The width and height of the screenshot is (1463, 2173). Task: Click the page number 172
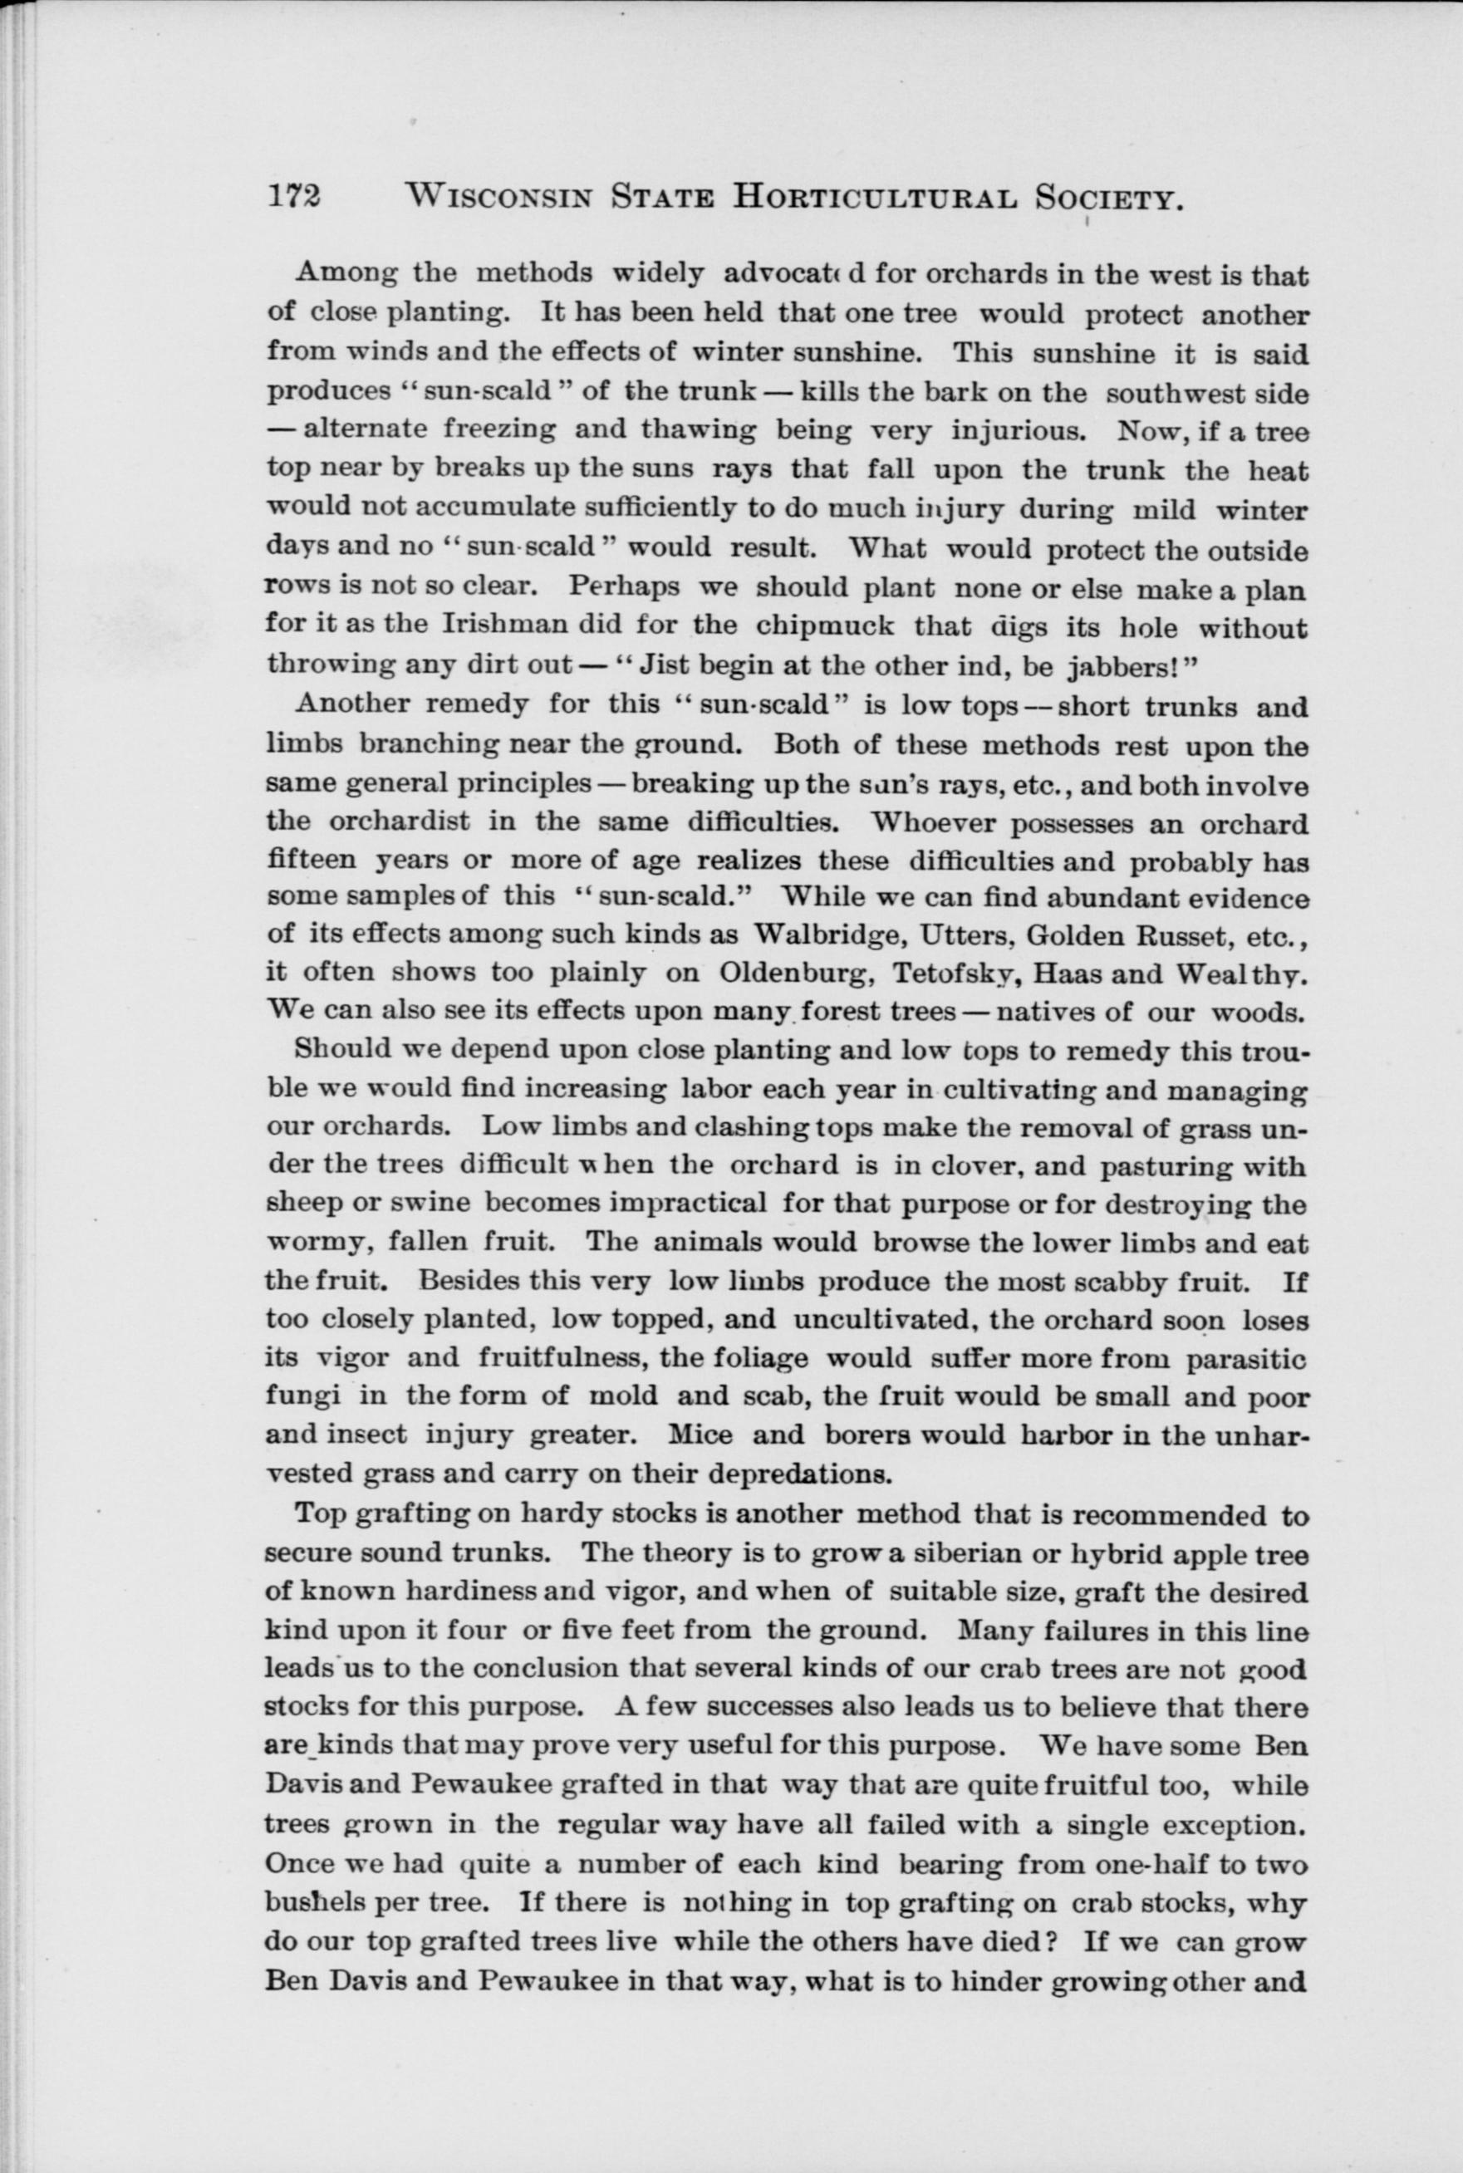click(x=293, y=198)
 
